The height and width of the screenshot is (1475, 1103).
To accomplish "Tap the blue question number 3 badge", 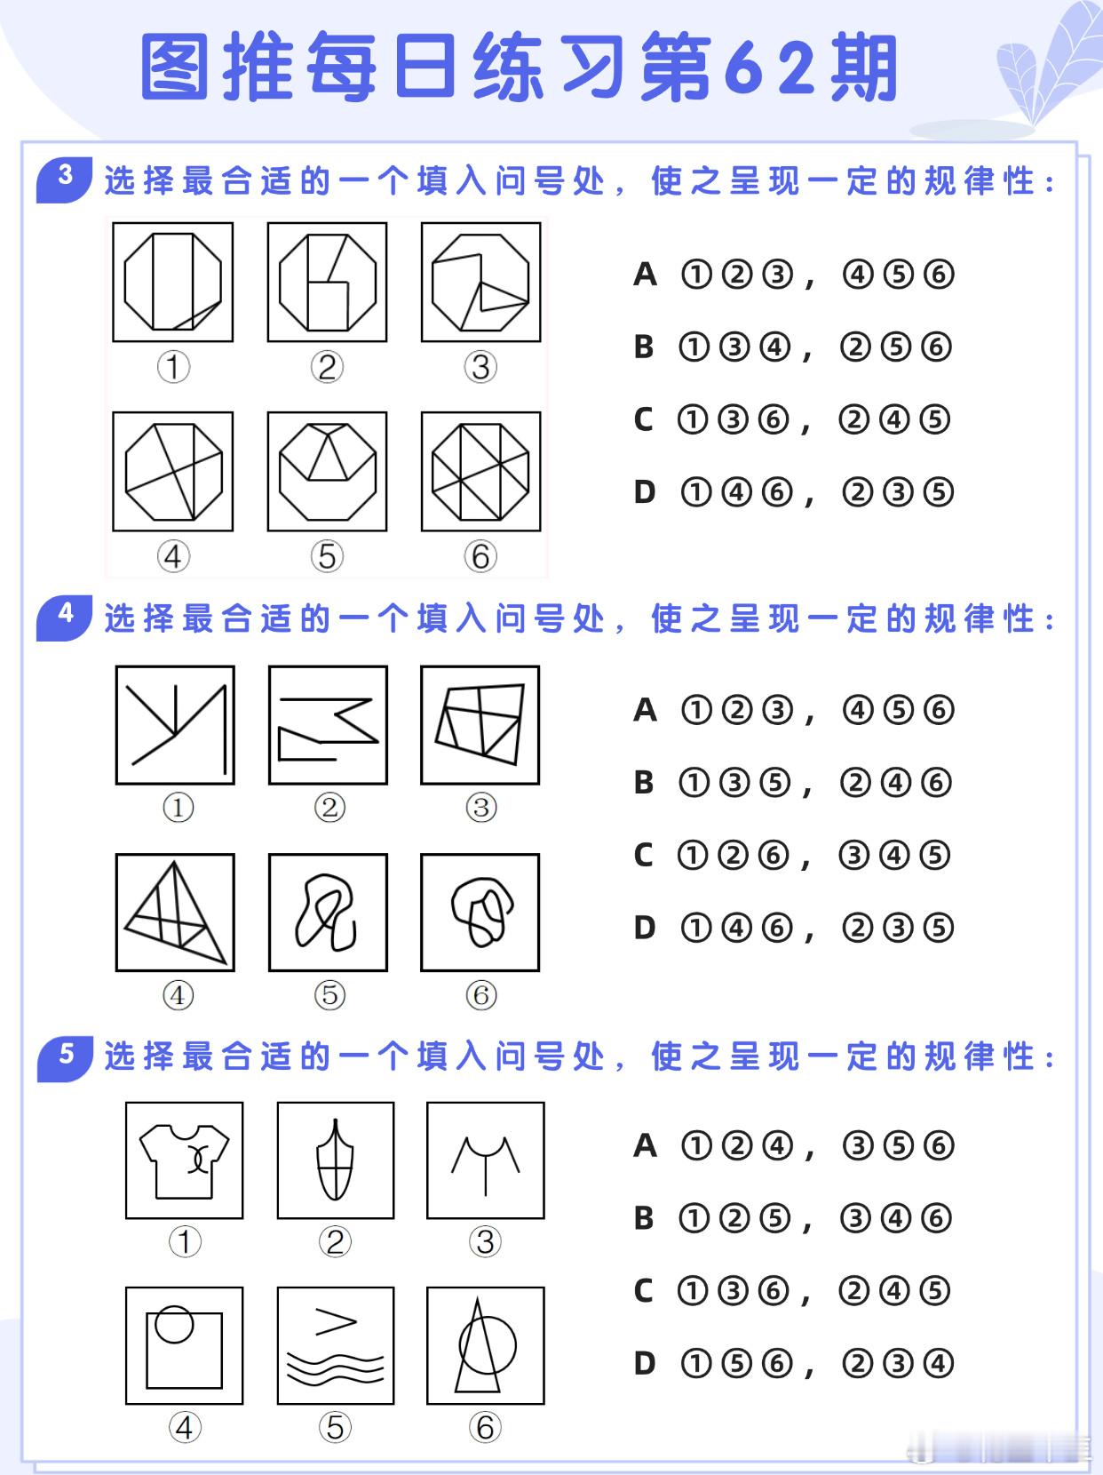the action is [65, 179].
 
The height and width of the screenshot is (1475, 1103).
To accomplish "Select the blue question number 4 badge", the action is [65, 618].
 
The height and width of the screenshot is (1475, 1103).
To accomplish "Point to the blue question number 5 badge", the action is [65, 1058].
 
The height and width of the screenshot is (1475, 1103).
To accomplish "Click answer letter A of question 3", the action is [645, 275].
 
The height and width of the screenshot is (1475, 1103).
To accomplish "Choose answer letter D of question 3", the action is [645, 492].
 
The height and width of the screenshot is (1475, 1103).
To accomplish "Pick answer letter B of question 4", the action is [644, 782].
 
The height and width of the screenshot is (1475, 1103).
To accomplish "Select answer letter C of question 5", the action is [643, 1290].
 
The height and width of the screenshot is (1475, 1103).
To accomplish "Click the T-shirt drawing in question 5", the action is [184, 1161].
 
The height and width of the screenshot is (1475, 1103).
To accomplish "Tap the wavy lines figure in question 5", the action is [336, 1367].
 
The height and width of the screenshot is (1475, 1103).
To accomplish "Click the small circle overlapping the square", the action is [174, 1324].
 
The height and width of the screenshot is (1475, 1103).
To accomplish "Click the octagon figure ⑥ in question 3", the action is [480, 472].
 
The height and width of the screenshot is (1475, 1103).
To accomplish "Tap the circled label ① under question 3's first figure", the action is [173, 367].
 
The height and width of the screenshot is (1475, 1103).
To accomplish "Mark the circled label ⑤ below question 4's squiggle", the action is [329, 995].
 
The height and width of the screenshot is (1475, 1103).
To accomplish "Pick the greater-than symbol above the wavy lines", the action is [336, 1322].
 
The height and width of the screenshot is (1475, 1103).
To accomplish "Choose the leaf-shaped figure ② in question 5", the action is [335, 1160].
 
